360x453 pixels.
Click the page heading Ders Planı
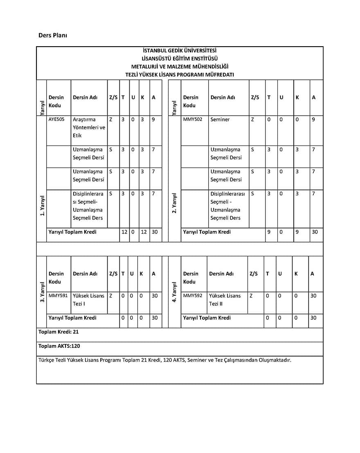tap(53, 35)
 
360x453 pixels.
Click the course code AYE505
tap(56, 120)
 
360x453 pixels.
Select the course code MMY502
tap(192, 120)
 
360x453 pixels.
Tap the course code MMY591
tap(57, 296)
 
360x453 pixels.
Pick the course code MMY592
tap(192, 296)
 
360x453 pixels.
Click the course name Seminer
tap(220, 120)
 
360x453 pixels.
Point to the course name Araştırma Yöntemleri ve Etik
tap(89, 128)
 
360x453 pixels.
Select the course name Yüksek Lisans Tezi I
tap(88, 300)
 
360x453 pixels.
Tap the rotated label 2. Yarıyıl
tap(175, 203)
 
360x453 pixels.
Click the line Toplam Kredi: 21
tap(59, 332)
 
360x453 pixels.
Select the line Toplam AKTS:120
tap(59, 346)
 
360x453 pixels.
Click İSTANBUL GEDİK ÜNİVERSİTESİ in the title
tap(180, 51)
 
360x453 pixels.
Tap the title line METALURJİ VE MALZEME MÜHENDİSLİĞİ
tap(180, 66)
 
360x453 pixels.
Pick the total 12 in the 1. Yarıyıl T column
tap(124, 232)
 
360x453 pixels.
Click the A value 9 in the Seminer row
tap(313, 120)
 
